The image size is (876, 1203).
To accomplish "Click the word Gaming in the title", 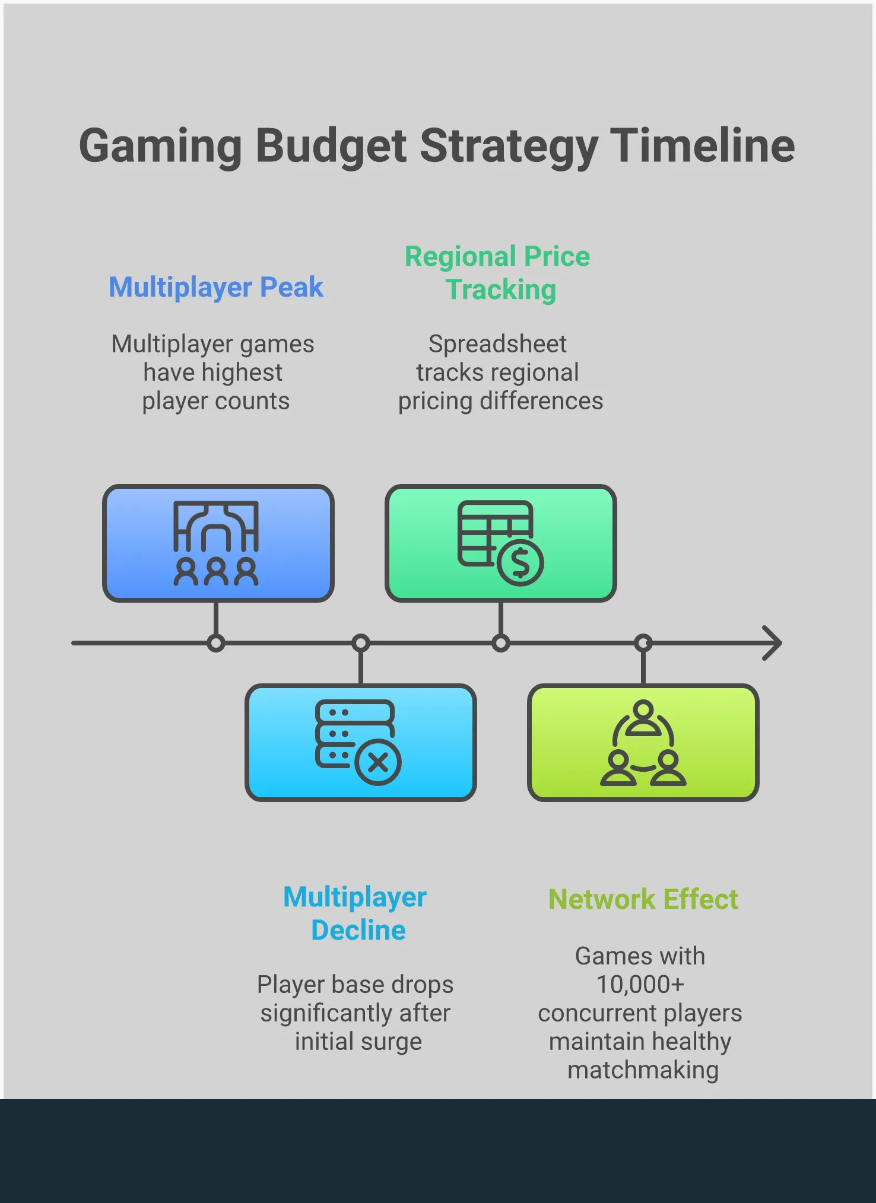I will [x=160, y=146].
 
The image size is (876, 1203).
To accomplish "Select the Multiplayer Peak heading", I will [x=216, y=288].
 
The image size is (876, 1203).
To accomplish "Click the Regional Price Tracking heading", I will [x=498, y=273].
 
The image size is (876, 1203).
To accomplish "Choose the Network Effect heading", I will [x=643, y=899].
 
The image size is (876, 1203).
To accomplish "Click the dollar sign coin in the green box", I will [x=520, y=563].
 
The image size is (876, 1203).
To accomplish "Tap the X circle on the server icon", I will [x=378, y=762].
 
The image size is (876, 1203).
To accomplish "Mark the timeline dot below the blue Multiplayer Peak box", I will [x=216, y=643].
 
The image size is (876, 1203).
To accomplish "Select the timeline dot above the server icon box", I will [x=361, y=643].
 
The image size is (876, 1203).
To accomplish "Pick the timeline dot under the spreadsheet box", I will [x=501, y=643].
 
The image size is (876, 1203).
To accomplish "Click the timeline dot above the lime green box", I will [x=643, y=643].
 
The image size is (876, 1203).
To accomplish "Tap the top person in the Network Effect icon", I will [x=643, y=717].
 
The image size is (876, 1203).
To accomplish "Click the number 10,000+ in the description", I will [x=640, y=985].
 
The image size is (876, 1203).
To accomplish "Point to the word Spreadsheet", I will [x=497, y=344].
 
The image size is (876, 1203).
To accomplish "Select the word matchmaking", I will [x=643, y=1070].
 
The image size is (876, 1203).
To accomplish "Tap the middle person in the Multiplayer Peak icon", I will [x=216, y=571].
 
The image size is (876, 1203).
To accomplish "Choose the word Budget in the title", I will [x=331, y=146].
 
